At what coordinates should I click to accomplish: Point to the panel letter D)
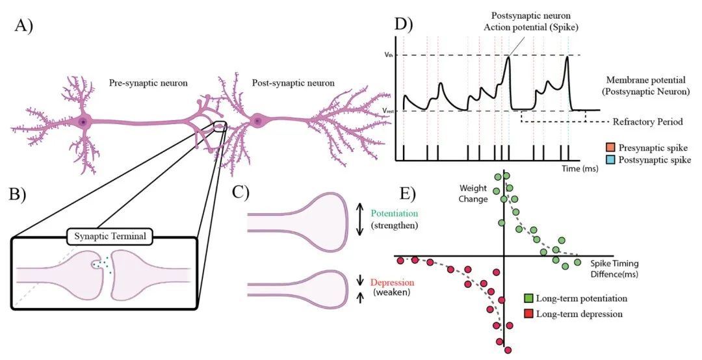404,25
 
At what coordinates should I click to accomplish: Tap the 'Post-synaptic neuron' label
293,83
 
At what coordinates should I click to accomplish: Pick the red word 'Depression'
392,283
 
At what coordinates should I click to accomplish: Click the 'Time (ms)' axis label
580,168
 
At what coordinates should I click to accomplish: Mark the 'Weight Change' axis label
473,192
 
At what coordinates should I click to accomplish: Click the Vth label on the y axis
387,55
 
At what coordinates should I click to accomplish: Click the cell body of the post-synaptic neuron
258,121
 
